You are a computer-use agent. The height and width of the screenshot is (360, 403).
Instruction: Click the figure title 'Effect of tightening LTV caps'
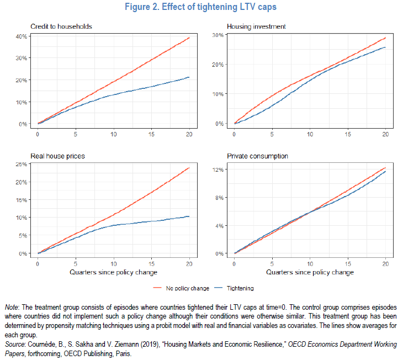coord(201,8)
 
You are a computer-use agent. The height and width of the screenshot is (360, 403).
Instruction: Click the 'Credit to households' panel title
coord(61,27)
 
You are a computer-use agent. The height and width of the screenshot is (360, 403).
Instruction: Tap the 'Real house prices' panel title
coord(57,156)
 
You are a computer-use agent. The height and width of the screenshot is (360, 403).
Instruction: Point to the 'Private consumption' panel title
coord(257,156)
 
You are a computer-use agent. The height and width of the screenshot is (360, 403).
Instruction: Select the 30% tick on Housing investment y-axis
coord(219,35)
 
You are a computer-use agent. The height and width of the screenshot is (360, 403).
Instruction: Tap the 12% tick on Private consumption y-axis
coord(219,170)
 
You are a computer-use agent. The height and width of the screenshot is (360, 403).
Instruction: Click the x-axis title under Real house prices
coord(113,272)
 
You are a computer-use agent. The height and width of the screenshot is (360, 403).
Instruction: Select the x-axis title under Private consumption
coord(310,272)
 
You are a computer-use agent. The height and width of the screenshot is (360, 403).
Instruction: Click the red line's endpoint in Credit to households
coord(189,38)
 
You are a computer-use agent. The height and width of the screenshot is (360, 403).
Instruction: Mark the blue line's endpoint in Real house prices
coord(189,216)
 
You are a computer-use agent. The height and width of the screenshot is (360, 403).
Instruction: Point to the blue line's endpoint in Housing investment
coord(385,47)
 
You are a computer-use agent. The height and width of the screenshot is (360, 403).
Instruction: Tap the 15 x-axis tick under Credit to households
coord(151,135)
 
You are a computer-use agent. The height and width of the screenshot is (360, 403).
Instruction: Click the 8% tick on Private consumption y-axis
coord(219,198)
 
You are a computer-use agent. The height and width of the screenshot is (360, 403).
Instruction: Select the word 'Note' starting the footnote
coord(12,306)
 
